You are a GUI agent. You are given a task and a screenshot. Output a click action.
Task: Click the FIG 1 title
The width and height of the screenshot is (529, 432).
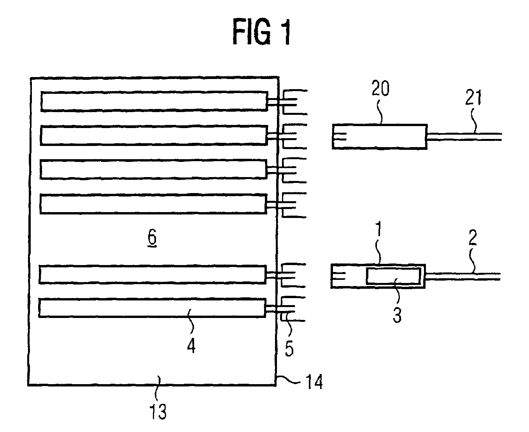[x=262, y=32]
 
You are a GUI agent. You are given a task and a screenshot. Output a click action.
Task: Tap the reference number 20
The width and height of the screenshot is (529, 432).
[x=380, y=88]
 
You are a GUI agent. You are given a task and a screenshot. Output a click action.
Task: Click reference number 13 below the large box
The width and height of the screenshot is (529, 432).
[x=158, y=411]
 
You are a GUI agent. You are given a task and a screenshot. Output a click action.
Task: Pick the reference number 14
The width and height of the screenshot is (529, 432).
[x=315, y=381]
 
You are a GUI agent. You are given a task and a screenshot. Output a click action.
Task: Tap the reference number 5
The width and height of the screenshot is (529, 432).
[x=289, y=349]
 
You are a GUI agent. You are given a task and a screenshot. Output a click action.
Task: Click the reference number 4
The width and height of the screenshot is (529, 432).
[x=191, y=345]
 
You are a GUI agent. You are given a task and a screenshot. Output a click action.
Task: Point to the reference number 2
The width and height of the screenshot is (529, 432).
[x=473, y=237]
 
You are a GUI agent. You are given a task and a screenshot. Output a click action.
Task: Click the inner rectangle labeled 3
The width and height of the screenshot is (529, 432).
[x=393, y=276]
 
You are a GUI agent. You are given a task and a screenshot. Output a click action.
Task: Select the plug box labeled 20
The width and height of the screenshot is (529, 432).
[x=380, y=137]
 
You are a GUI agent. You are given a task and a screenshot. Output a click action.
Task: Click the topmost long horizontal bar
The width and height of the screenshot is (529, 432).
[x=154, y=101]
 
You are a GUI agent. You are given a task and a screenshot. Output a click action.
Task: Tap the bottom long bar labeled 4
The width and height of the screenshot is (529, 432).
[x=152, y=308]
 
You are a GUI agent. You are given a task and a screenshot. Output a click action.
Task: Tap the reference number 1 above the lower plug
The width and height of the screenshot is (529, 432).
[x=379, y=229]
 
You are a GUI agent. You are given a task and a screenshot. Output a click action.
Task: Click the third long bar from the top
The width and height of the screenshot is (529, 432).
[x=153, y=169]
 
